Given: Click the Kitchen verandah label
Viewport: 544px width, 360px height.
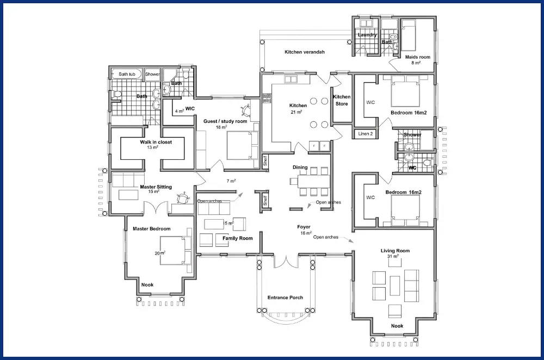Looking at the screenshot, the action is [305, 52].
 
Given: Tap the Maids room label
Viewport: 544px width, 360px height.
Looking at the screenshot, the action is [418, 57].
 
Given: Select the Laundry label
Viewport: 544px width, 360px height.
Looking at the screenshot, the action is [367, 35].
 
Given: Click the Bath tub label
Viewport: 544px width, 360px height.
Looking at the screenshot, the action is [127, 74].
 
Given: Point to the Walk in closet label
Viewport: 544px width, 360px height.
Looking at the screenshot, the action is [156, 142].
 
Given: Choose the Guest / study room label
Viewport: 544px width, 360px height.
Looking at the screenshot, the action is [225, 121].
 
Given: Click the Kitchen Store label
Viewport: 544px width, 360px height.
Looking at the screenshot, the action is [342, 100].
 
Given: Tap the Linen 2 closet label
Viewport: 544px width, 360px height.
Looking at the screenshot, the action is [366, 134].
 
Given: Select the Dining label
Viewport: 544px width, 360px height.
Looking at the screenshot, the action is [300, 167].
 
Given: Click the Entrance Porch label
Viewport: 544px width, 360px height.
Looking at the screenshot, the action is [285, 297].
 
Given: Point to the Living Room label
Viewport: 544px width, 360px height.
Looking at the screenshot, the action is [395, 251].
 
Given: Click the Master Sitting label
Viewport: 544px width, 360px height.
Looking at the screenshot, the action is [156, 187].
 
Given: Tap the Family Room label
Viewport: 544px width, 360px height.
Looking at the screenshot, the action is [238, 238].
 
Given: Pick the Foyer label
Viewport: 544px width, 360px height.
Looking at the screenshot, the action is [304, 227].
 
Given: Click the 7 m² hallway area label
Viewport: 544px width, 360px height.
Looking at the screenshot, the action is [231, 181].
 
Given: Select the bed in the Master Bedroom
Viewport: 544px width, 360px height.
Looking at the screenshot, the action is [176, 250].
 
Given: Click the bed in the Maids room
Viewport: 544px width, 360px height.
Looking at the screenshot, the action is [409, 34].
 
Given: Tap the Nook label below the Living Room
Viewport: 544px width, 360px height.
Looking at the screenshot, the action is [397, 326].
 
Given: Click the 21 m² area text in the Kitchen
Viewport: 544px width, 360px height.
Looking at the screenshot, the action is [296, 112].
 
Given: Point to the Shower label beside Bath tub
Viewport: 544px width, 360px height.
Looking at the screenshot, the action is [152, 74].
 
